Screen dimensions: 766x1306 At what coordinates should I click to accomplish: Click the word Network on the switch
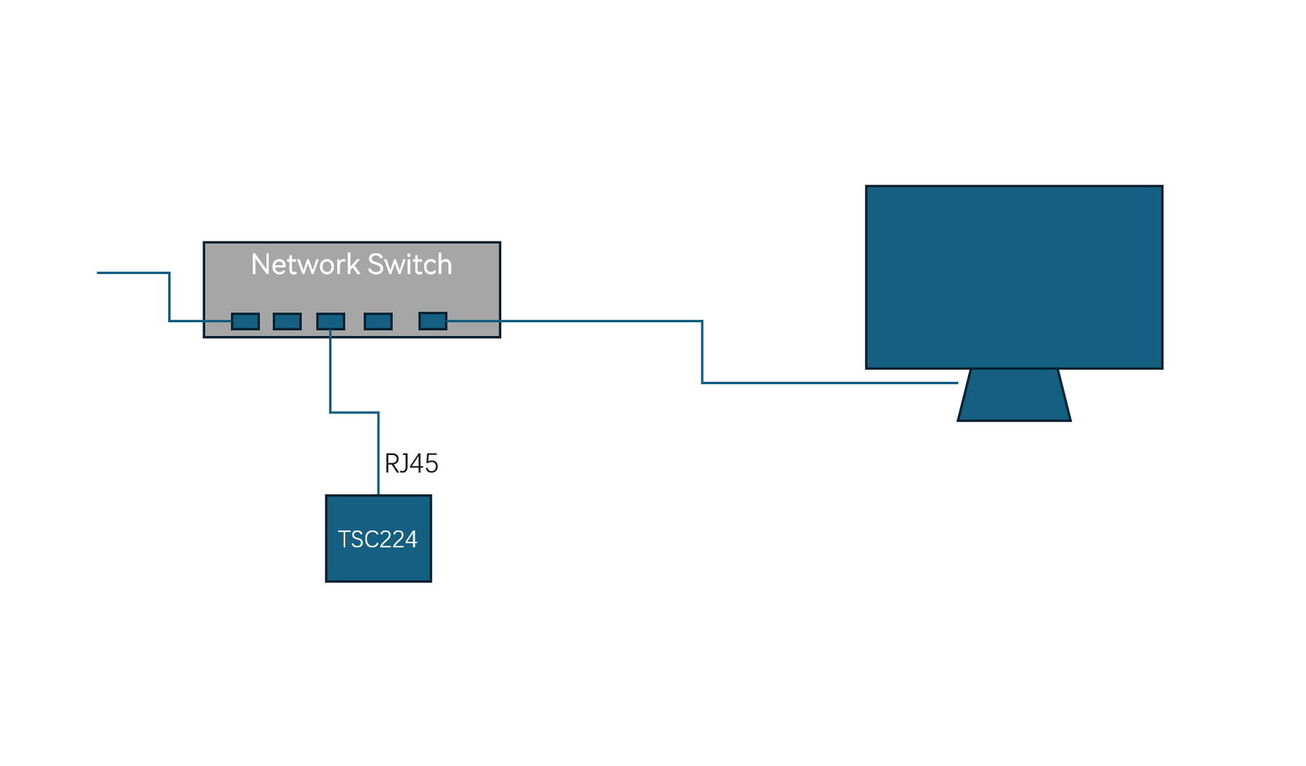click(305, 264)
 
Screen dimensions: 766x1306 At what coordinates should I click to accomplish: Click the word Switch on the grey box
click(409, 264)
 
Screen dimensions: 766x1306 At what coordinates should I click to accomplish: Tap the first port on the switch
click(245, 321)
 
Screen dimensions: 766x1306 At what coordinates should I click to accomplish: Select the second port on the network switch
click(287, 321)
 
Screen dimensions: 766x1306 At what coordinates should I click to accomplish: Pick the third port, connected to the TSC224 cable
click(330, 321)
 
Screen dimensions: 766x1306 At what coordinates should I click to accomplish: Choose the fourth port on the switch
click(378, 321)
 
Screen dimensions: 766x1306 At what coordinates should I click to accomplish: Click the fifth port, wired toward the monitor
click(433, 321)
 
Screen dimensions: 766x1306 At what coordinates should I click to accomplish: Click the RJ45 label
click(411, 463)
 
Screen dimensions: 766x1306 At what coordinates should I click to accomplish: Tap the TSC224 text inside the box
click(377, 539)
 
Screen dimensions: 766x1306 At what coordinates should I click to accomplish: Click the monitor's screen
click(1014, 277)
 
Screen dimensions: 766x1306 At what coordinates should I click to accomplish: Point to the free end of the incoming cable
click(100, 272)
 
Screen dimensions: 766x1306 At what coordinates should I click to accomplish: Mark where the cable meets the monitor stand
click(957, 383)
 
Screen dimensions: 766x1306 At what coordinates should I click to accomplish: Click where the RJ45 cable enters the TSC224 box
click(378, 494)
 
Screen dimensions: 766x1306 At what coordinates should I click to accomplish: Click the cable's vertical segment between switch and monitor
click(702, 352)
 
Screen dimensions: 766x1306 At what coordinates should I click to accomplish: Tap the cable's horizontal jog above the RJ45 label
click(354, 413)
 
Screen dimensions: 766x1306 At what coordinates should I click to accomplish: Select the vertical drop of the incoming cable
click(170, 297)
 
